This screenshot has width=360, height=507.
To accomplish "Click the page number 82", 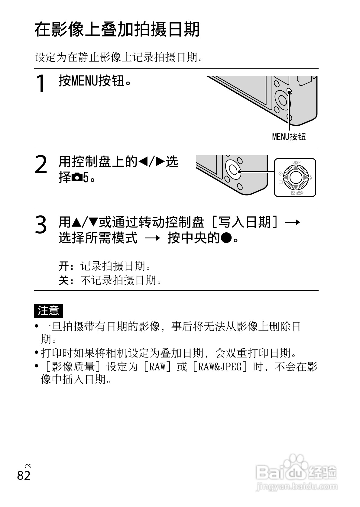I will pos(24,475).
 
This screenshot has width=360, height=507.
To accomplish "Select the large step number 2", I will pos(41,165).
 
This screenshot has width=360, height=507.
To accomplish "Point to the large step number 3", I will pos(41,225).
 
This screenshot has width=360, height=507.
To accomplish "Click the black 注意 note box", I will pos(48,311).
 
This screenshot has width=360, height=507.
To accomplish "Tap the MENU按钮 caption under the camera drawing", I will pos(289,137).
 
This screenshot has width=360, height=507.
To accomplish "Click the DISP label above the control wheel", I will pos(296,162).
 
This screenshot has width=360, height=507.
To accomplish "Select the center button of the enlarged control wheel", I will pos(296,178).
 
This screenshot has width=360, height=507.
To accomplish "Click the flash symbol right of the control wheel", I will pos(310,178).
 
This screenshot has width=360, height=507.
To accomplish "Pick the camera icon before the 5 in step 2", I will pos(77,178).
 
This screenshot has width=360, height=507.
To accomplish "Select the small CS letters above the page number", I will pos(28,467).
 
